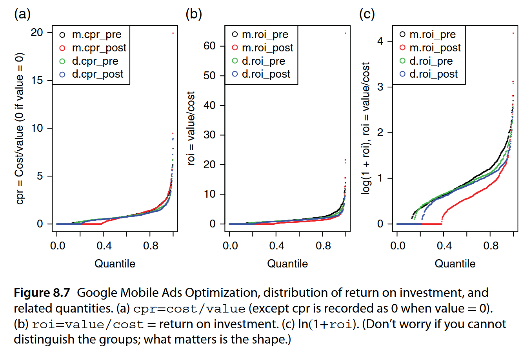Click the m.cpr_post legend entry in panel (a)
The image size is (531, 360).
[99, 48]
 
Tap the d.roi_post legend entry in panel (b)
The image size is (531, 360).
[265, 74]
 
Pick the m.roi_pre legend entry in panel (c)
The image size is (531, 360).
[432, 35]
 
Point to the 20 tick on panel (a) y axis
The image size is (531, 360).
[37, 33]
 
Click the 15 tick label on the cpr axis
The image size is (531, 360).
[37, 80]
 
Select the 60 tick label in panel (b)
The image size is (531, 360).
[209, 46]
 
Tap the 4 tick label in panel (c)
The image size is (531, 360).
[380, 41]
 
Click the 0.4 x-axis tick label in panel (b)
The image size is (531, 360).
[276, 246]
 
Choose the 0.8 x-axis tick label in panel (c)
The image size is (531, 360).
[491, 246]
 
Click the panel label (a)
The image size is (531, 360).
[22, 14]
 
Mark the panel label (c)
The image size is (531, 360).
[367, 14]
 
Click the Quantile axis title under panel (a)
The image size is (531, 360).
[115, 264]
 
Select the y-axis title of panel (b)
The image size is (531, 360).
[191, 128]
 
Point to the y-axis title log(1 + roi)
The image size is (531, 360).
[366, 128]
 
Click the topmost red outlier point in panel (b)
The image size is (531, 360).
[346, 33]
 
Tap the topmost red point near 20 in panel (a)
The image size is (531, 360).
[173, 33]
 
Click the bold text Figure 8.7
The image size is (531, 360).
[42, 293]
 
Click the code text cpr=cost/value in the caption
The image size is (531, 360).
[189, 309]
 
